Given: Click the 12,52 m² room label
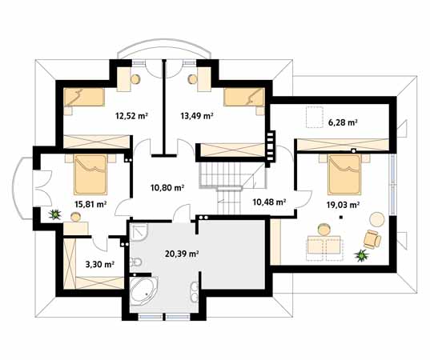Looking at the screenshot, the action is (x=131, y=116).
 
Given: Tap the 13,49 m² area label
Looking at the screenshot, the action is (x=197, y=116).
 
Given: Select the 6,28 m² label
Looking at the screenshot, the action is (x=343, y=122).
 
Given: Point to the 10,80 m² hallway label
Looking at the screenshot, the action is (x=167, y=188).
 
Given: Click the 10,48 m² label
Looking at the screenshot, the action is (x=270, y=202).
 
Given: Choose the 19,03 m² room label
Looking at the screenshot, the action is (x=343, y=204).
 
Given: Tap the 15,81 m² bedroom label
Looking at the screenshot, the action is (x=90, y=204).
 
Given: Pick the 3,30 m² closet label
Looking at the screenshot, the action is (x=100, y=264).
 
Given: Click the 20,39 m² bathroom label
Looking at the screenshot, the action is (x=182, y=254).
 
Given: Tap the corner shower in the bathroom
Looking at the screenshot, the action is (x=139, y=232).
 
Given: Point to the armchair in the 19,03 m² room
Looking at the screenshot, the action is (x=372, y=239).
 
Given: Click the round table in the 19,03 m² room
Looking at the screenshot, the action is (x=377, y=219).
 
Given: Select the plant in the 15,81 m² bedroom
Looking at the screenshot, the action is (x=55, y=214).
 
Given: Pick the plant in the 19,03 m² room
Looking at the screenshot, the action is (x=362, y=256).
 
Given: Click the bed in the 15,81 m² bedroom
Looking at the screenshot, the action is (x=90, y=174).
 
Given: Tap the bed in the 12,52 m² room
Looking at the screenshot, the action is (x=84, y=98).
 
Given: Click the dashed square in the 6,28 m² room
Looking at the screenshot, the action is (x=315, y=118).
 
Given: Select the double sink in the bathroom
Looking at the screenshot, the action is (x=195, y=291).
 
